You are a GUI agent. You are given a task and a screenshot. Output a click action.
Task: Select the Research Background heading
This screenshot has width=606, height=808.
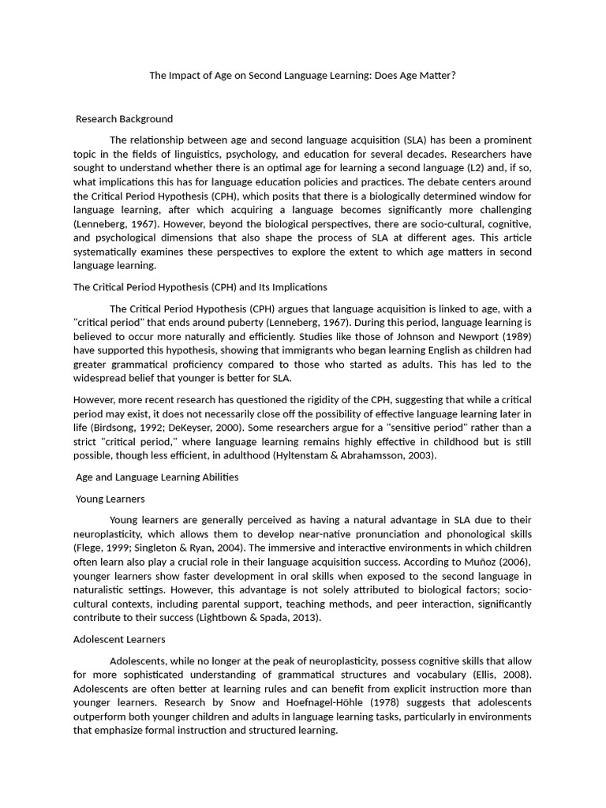(x=124, y=119)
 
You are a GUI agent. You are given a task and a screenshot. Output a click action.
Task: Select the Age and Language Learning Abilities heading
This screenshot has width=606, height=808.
(x=156, y=477)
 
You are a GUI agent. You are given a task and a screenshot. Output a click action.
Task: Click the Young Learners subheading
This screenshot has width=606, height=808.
(x=110, y=499)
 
